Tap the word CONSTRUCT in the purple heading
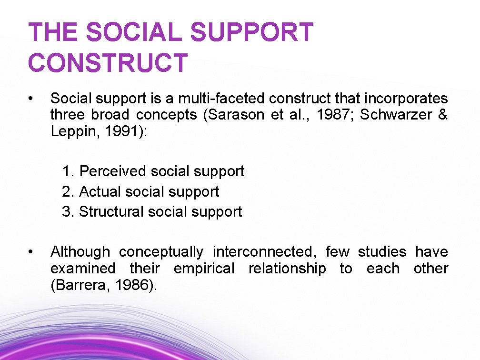click(x=108, y=63)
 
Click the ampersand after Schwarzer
click(x=442, y=116)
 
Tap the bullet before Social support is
click(x=30, y=99)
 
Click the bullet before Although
click(x=30, y=251)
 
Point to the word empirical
click(x=204, y=269)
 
